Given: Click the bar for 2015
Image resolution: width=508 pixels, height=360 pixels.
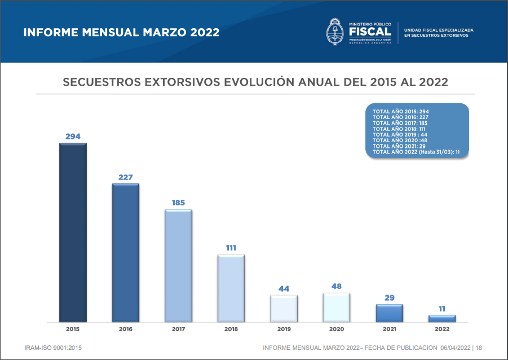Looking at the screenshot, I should pyautogui.click(x=73, y=232).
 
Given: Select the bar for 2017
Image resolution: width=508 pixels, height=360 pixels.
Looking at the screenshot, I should pyautogui.click(x=178, y=266).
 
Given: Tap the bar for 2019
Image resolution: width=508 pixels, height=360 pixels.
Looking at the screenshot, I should pyautogui.click(x=284, y=308).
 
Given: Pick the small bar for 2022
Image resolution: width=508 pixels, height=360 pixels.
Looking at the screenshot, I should pyautogui.click(x=442, y=318).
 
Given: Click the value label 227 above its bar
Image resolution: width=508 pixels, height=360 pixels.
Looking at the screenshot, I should pyautogui.click(x=125, y=177).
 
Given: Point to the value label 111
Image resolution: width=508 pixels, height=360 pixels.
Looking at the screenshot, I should pyautogui.click(x=231, y=248).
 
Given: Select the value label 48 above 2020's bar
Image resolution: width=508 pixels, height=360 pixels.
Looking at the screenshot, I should pyautogui.click(x=337, y=286).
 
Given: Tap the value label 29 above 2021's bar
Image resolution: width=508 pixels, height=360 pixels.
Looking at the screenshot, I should pyautogui.click(x=390, y=297).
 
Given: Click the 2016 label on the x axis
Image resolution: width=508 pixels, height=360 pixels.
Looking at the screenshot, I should pyautogui.click(x=125, y=328).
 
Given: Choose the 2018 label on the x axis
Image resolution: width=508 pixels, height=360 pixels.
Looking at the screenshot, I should pyautogui.click(x=231, y=328).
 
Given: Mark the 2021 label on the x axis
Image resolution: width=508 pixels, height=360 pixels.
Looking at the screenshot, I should pyautogui.click(x=390, y=328).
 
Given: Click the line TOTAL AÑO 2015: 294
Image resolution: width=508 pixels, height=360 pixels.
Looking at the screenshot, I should pyautogui.click(x=401, y=112).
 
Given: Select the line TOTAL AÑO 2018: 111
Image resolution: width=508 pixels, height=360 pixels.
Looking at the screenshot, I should pyautogui.click(x=399, y=129).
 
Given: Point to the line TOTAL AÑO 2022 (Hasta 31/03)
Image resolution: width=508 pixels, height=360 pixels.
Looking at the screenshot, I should pyautogui.click(x=416, y=152).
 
